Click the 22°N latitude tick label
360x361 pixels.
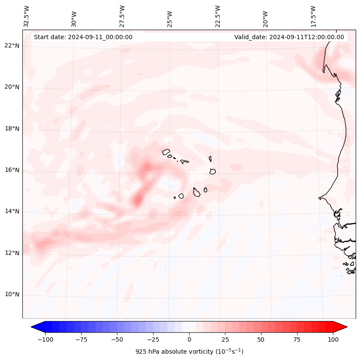click(12, 46)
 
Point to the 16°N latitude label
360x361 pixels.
click(12, 170)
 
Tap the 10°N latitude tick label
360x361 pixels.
click(12, 294)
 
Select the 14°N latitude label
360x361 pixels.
click(12, 211)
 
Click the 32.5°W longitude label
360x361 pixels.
click(27, 16)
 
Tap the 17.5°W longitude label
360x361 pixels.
click(313, 16)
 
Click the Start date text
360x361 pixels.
click(83, 37)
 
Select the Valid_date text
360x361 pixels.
click(289, 37)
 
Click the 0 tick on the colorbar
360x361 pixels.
click(189, 339)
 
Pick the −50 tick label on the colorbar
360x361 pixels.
click(117, 339)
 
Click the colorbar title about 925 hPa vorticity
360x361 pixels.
click(189, 352)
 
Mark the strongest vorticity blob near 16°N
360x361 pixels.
click(147, 167)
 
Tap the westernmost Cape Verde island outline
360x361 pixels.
click(166, 151)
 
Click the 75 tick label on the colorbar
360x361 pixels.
click(297, 339)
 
